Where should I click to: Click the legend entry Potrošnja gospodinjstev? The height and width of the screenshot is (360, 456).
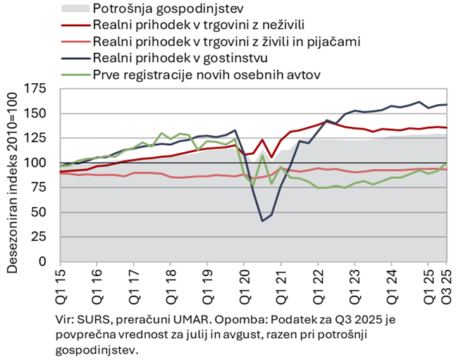168,9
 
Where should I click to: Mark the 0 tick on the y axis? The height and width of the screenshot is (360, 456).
51,261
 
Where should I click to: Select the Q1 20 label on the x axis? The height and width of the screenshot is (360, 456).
244,281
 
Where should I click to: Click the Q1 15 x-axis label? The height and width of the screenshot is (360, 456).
61,281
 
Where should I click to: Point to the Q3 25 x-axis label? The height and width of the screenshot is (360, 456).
448,281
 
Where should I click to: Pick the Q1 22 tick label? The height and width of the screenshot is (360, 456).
317,281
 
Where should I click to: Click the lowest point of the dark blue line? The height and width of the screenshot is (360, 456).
262,221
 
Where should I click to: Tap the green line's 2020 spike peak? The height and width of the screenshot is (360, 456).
262,155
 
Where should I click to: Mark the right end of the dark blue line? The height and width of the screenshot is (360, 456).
447,105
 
